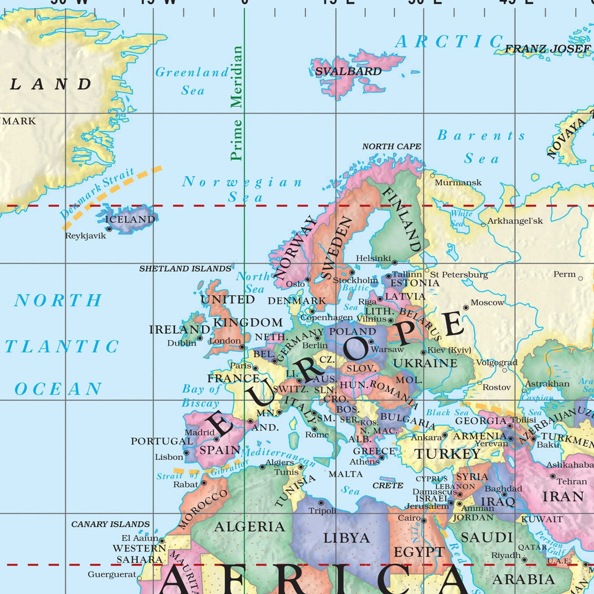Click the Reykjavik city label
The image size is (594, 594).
(86, 236)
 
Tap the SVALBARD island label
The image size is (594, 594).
(348, 71)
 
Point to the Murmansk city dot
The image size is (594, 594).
(433, 175)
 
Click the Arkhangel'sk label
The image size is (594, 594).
(515, 221)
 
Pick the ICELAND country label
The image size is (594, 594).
(130, 219)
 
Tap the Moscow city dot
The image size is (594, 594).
(466, 308)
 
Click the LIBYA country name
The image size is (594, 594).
(346, 538)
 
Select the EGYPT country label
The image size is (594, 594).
(419, 552)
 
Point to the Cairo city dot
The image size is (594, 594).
(424, 521)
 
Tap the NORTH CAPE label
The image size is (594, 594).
(391, 146)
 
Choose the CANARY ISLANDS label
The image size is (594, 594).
(111, 524)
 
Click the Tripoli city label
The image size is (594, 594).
(322, 511)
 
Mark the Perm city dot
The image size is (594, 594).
(580, 278)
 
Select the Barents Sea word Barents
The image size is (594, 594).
(481, 135)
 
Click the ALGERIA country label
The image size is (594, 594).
(250, 527)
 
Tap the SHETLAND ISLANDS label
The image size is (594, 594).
(185, 269)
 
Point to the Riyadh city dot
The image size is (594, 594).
(525, 560)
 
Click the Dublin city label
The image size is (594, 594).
(182, 343)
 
